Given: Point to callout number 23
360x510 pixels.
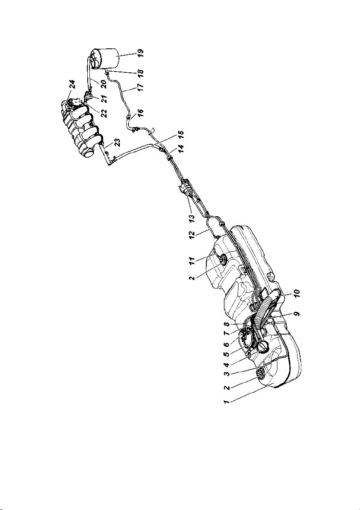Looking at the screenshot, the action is click(x=117, y=143).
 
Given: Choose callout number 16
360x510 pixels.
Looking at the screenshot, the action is click(x=140, y=113).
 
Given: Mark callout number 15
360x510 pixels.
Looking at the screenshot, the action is click(x=181, y=134).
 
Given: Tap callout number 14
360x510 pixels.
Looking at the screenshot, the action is click(x=181, y=149).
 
